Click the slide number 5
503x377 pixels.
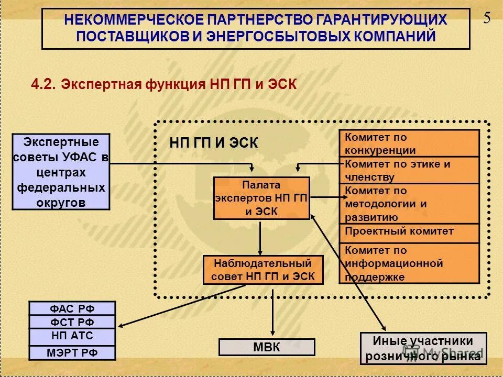(x=487, y=18)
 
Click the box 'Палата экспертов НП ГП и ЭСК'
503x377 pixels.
(x=261, y=198)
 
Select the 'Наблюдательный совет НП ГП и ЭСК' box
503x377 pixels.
(x=263, y=270)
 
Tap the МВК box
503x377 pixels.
(x=267, y=347)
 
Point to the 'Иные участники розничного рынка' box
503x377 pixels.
(x=423, y=348)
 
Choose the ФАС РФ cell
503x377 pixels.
(x=72, y=308)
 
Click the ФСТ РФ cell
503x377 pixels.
(x=72, y=322)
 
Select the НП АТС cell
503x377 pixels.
(x=72, y=336)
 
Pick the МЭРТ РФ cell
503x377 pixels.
(x=72, y=352)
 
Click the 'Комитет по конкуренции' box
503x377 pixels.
(x=409, y=143)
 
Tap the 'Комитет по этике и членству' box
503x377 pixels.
(x=409, y=170)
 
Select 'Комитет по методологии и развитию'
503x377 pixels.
(x=409, y=204)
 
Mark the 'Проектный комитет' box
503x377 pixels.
(x=409, y=232)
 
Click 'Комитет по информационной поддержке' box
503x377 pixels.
(x=409, y=263)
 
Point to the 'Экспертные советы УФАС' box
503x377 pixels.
(x=61, y=172)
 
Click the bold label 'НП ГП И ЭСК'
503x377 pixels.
(x=213, y=143)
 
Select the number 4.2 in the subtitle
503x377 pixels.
(x=43, y=84)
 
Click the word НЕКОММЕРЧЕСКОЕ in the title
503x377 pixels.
(x=134, y=20)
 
